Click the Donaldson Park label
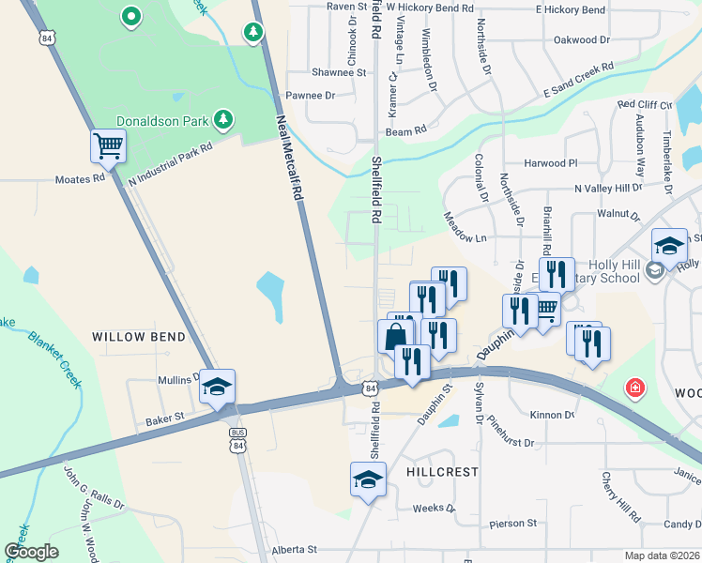pos(162,121)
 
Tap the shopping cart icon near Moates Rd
pos(108,146)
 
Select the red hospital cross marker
pos(635,388)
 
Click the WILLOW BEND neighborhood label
pos(131,336)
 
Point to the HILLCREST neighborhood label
pos(442,472)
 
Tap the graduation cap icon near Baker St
pos(217,387)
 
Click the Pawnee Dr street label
pos(310,96)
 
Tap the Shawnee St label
pos(338,72)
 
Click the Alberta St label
pos(295,550)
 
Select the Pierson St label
pos(512,523)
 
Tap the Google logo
pos(31,552)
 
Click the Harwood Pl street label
pos(551,163)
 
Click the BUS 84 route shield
pos(237,436)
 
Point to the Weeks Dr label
pos(434,510)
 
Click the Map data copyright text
pos(661,555)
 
